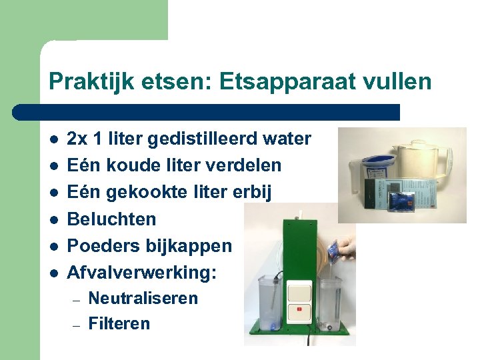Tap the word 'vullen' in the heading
pos(399,82)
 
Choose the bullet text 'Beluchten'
pos(112,219)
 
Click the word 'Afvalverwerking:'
pos(142,273)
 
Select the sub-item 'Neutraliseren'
pos(143,298)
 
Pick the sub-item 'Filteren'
pos(119,324)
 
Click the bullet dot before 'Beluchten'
pos(53,219)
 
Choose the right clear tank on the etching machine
pos(329,303)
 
